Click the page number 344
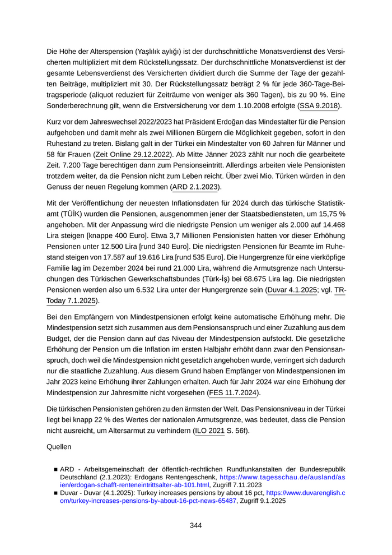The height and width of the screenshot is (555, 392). pos(195,525)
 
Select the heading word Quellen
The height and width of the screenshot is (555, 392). pos(60,448)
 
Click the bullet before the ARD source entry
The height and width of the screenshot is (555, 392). pos(56,469)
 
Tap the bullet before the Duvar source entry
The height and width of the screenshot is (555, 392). pos(56,494)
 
